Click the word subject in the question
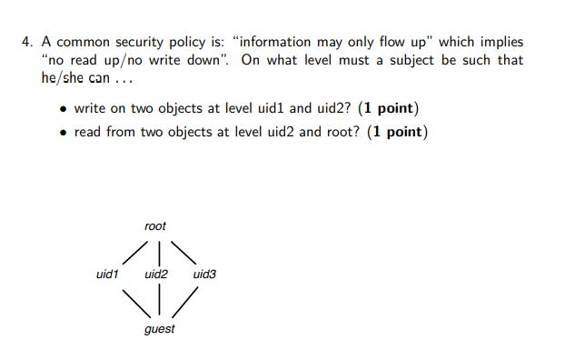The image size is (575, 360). pos(419,60)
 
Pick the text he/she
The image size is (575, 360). pos(63,77)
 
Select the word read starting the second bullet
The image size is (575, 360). pos(88,133)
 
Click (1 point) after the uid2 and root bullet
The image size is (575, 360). pos(395,133)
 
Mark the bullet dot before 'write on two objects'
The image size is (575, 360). pos(63,110)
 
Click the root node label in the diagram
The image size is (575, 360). pos(155,225)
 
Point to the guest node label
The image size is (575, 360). pos(160,328)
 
